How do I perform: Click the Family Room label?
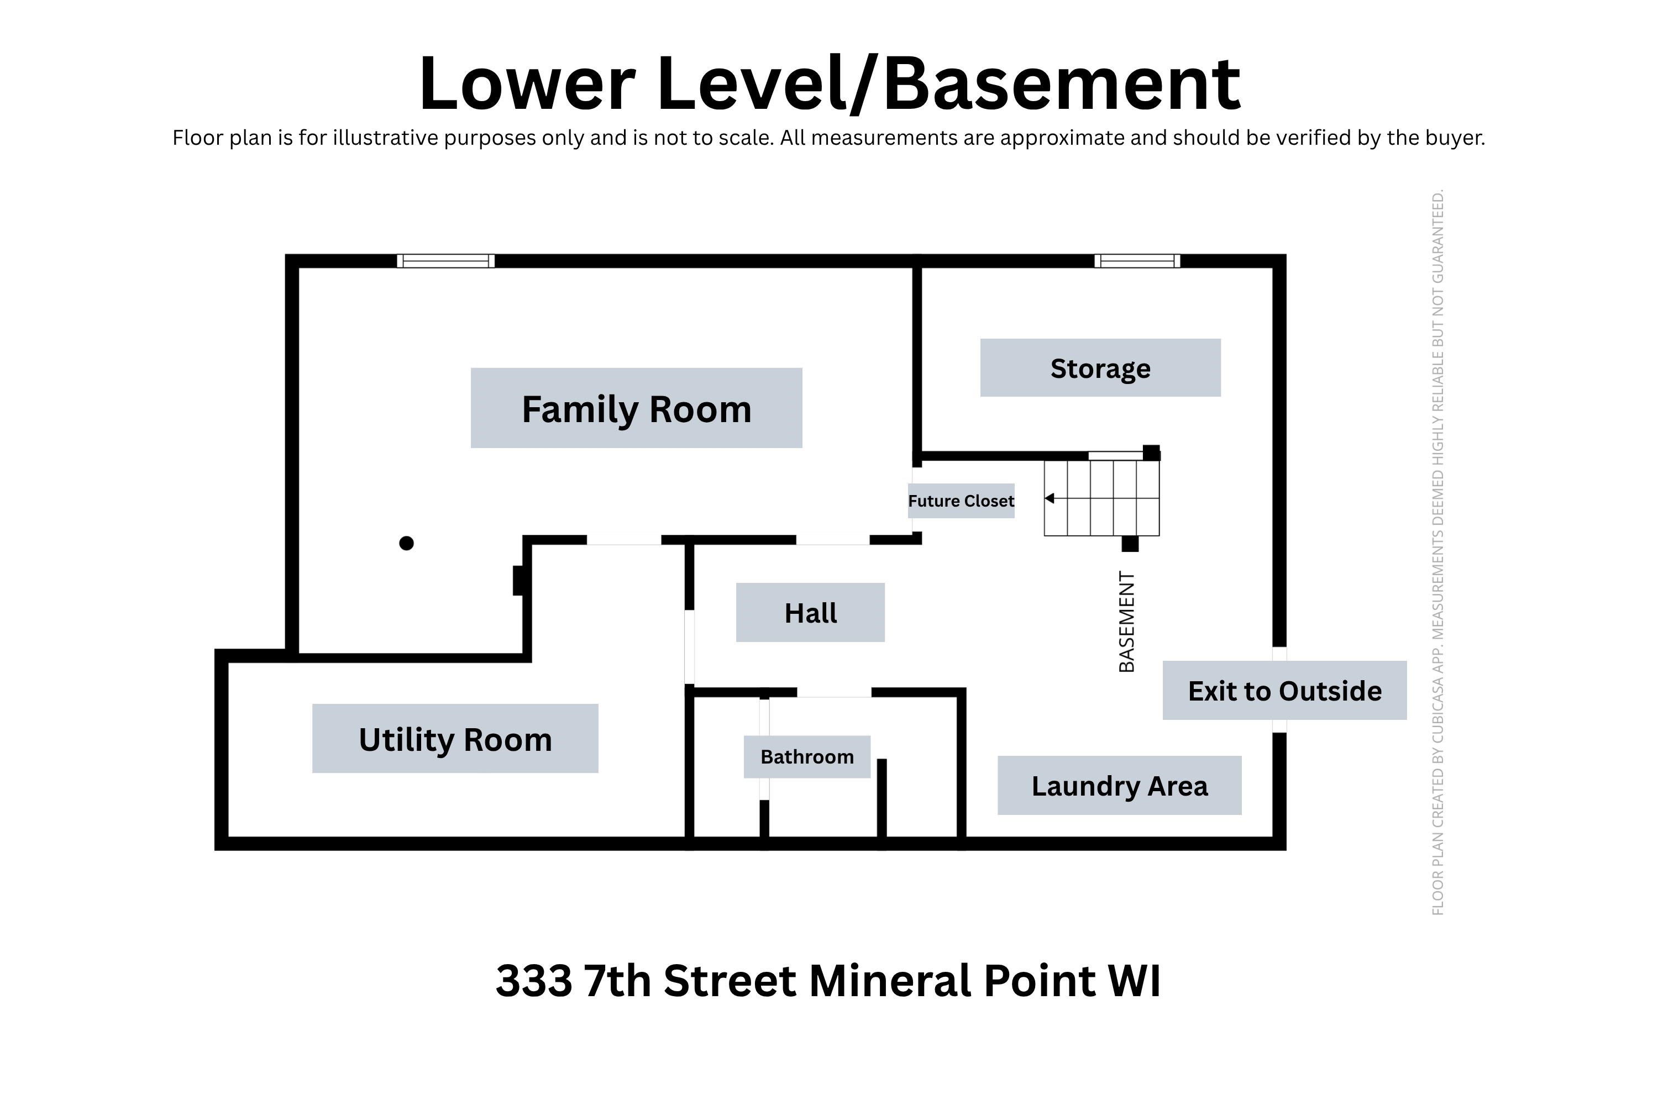click(636, 408)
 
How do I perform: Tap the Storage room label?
click(1100, 368)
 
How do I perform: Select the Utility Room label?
click(455, 739)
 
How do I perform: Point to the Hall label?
click(810, 612)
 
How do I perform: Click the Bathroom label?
click(806, 757)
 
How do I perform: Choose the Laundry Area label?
click(1120, 786)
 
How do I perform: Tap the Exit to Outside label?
click(1284, 691)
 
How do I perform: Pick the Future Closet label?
click(961, 501)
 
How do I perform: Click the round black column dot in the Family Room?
click(406, 543)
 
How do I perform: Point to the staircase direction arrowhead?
click(1049, 498)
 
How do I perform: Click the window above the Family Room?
click(445, 261)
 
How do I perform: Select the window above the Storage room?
click(1137, 261)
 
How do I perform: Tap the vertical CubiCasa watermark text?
click(1437, 552)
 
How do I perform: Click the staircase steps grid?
click(1102, 498)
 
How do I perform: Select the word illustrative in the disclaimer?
click(386, 138)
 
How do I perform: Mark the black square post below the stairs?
click(1130, 543)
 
